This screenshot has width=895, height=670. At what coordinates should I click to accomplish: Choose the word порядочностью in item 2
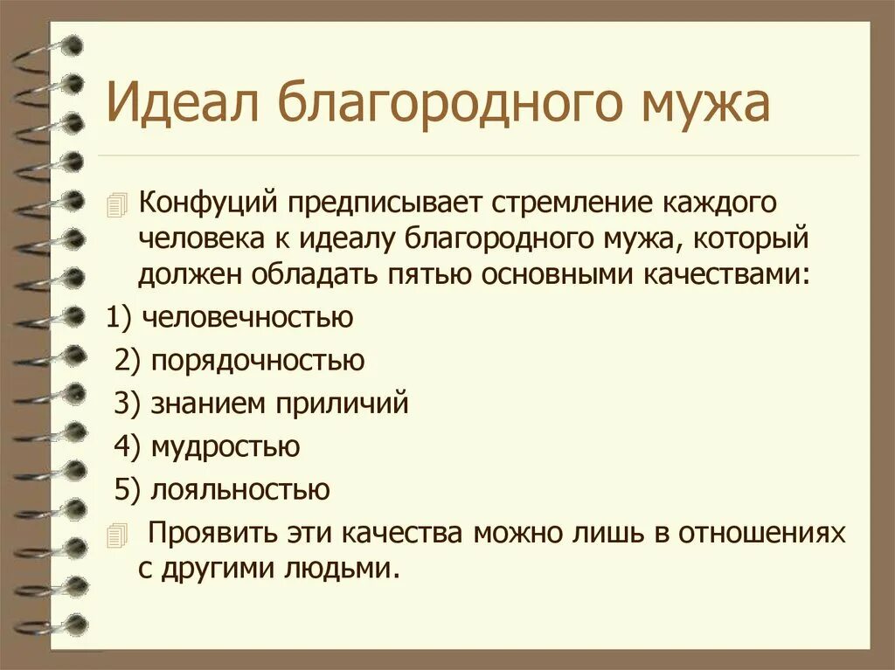pyautogui.click(x=258, y=360)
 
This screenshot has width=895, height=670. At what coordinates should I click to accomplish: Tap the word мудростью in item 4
pyautogui.click(x=225, y=446)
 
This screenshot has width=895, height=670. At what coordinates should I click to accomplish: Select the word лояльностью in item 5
pyautogui.click(x=240, y=489)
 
